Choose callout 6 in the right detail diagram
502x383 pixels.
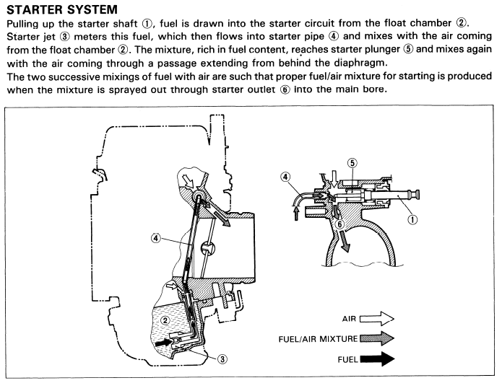pos(339,224)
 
